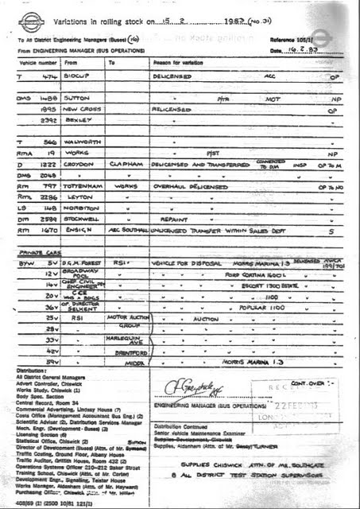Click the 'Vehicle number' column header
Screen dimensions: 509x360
[x=36, y=61]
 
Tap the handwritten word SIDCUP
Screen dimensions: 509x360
[x=83, y=76]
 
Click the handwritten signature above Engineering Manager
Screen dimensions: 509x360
[x=187, y=387]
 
